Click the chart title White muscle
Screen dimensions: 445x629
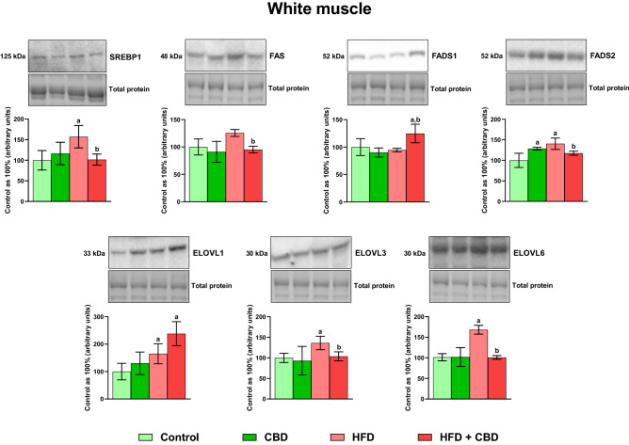pos(314,11)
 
